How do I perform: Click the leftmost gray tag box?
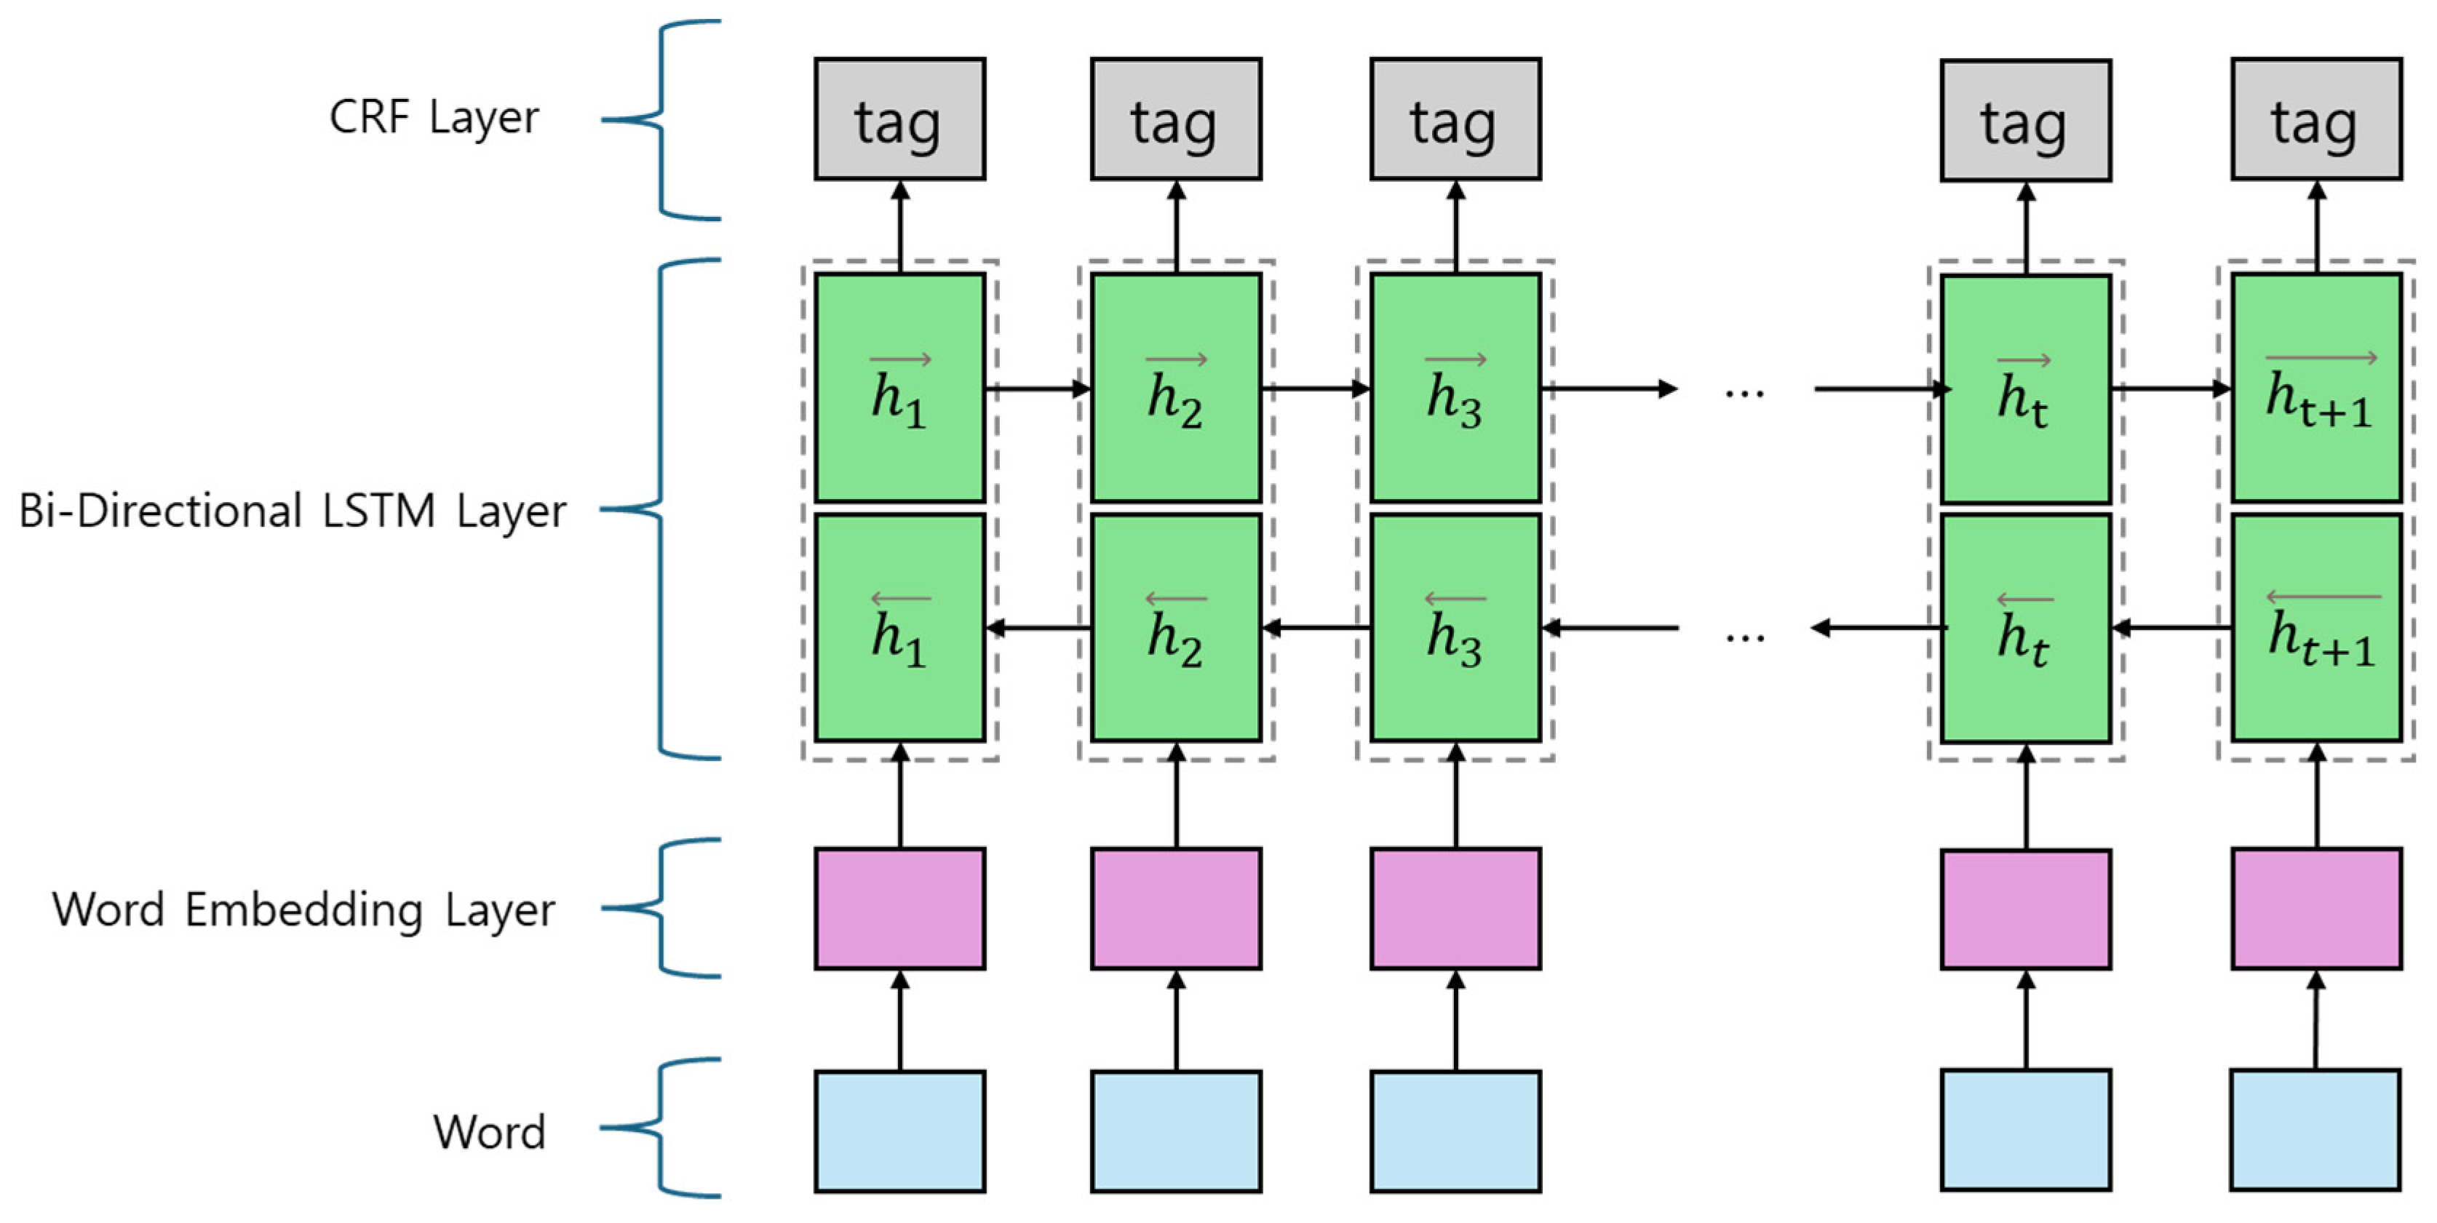tap(899, 119)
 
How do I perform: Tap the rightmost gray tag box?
tap(2316, 119)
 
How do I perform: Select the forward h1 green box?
tap(899, 388)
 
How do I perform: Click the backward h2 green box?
tap(1176, 628)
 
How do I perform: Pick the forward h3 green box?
tap(1455, 388)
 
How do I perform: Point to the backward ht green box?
tap(2025, 628)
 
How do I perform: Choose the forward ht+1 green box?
tap(2316, 388)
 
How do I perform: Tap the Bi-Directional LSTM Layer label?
tap(293, 511)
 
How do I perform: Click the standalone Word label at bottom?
tap(489, 1131)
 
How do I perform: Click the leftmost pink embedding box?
tap(899, 908)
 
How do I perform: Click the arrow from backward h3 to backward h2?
tap(1316, 628)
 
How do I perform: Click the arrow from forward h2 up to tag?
tap(1176, 227)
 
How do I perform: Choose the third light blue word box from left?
tap(1455, 1131)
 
